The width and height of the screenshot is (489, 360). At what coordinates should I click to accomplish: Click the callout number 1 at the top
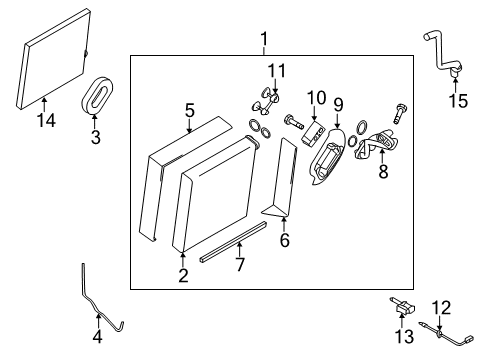tap(264, 40)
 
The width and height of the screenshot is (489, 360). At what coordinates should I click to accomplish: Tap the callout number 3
tap(96, 138)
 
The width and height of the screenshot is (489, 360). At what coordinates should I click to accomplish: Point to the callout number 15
tap(459, 100)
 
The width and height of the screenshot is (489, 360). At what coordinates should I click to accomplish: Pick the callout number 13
tap(403, 334)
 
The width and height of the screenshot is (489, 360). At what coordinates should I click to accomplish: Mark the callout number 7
tap(240, 265)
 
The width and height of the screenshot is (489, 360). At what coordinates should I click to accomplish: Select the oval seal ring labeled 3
tap(97, 98)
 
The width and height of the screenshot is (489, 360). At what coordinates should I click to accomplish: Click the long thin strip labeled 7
tap(234, 240)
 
